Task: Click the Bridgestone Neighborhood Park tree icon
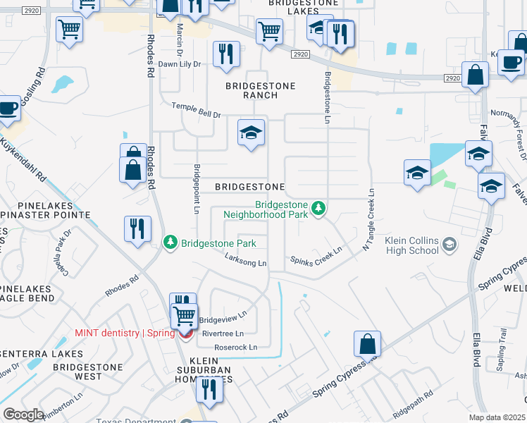319,208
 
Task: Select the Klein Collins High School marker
447,245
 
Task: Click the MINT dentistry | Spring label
125,333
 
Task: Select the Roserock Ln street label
235,347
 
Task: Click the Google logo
24,414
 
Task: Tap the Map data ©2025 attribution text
497,417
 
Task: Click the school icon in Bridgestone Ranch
251,133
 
